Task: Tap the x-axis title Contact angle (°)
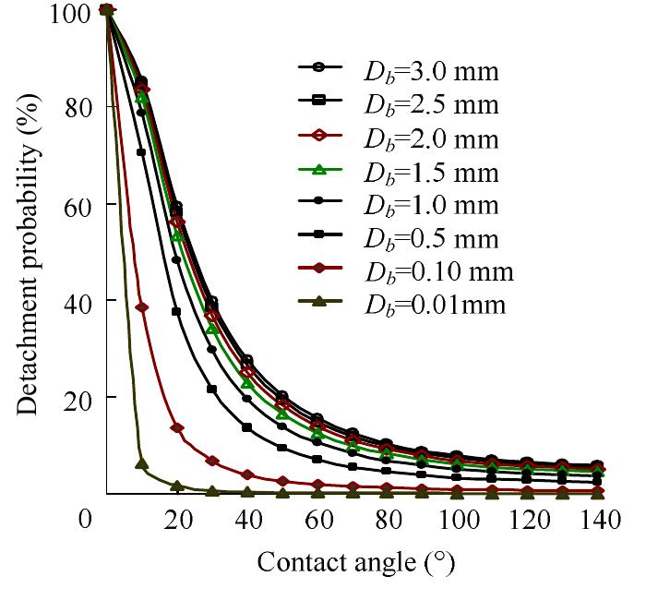pos(355,562)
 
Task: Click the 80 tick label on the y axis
pos(78,107)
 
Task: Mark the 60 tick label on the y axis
pos(78,204)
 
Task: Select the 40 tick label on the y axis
pos(78,301)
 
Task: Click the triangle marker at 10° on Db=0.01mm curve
pos(141,463)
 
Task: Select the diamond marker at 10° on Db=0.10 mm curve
pos(141,307)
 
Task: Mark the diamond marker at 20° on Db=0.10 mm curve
pos(176,427)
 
